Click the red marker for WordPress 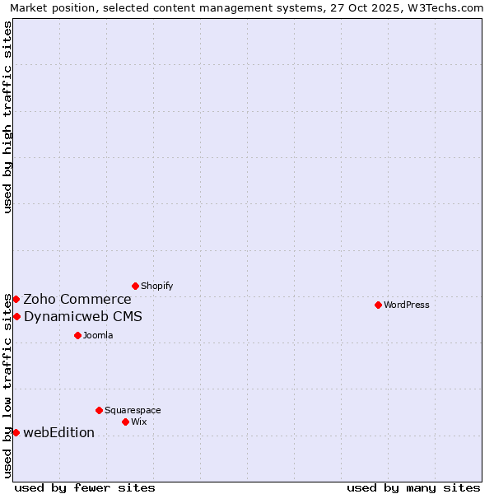[x=378, y=305]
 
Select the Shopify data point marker [x=135, y=286]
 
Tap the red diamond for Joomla [x=77, y=335]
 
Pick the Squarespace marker [x=99, y=410]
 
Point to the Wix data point [x=125, y=422]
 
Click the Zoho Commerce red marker [x=16, y=299]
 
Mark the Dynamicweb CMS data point [x=16, y=316]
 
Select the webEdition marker [x=16, y=432]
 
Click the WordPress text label [x=407, y=305]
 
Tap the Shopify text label [x=156, y=286]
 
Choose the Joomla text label [x=98, y=335]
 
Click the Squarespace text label [x=133, y=410]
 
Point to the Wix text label [x=138, y=422]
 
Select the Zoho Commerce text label [x=77, y=299]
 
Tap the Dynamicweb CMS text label [x=83, y=316]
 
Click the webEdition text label [x=59, y=432]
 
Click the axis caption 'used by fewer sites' [x=85, y=487]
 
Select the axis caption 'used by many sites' [x=413, y=487]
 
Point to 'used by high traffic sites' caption [x=7, y=117]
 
